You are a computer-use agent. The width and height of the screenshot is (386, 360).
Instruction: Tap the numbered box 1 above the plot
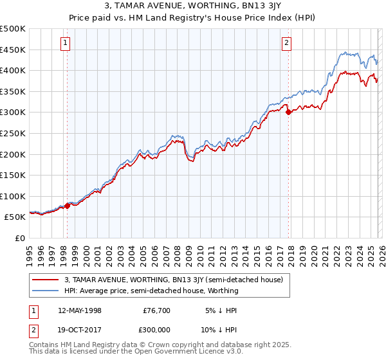(66, 44)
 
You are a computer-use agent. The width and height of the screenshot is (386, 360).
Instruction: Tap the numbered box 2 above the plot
(286, 44)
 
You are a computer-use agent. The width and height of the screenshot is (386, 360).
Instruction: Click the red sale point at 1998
(67, 206)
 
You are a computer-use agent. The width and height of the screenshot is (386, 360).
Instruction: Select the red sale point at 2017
(288, 112)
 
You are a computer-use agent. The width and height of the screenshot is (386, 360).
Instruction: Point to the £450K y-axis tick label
(13, 50)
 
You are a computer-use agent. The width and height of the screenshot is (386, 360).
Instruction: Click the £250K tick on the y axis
(13, 133)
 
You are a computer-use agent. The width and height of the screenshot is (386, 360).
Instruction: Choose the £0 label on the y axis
(20, 238)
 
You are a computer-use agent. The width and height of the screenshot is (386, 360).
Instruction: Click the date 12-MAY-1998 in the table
(79, 310)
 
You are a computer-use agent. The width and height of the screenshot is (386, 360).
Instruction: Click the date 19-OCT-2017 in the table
(79, 328)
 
